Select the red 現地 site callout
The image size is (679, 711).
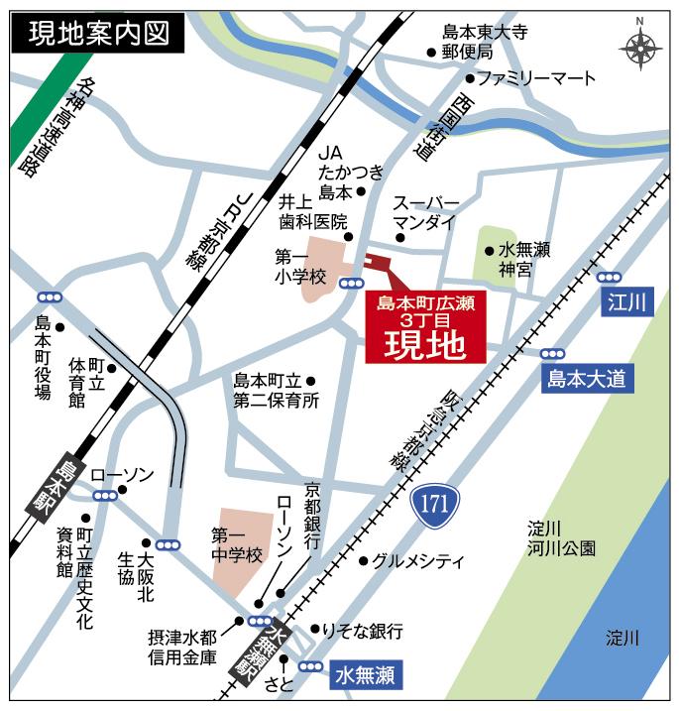click(x=422, y=328)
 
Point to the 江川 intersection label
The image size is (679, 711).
click(x=628, y=301)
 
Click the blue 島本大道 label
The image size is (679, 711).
click(x=588, y=378)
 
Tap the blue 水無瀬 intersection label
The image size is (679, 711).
click(x=364, y=676)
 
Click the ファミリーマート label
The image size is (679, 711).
click(x=536, y=77)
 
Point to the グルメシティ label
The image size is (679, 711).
click(x=417, y=561)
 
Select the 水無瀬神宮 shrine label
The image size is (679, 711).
click(x=523, y=259)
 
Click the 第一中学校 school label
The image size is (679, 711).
click(x=237, y=545)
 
